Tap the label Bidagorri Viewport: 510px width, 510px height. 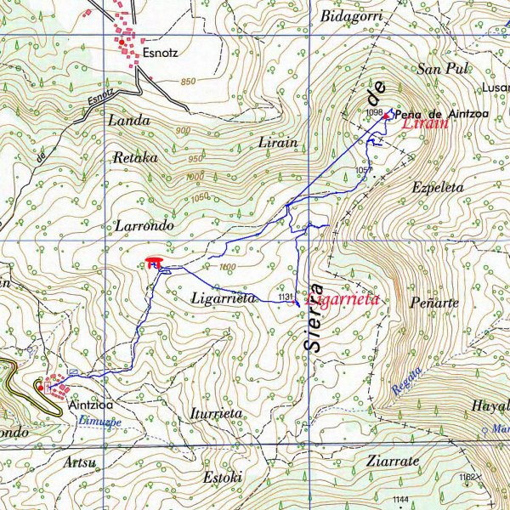click(x=352, y=16)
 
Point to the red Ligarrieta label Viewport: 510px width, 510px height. click(x=342, y=300)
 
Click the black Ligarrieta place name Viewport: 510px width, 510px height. click(x=224, y=299)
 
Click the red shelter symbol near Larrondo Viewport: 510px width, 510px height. click(x=154, y=262)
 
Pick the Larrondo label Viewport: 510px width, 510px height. click(x=143, y=227)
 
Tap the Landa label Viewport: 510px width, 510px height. click(x=128, y=121)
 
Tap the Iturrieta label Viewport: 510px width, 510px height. click(x=217, y=414)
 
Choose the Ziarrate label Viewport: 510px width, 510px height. click(x=392, y=462)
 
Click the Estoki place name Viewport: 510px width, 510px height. click(x=223, y=477)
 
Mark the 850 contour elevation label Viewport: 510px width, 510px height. click(x=188, y=82)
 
